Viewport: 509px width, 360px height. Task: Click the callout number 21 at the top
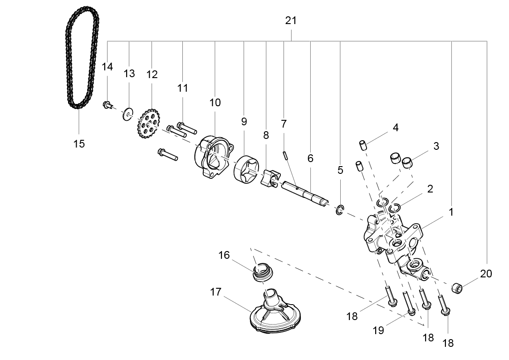[291, 20]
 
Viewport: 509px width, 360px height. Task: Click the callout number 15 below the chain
[79, 144]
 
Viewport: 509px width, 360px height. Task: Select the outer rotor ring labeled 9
[246, 170]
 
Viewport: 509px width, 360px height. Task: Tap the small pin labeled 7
[284, 155]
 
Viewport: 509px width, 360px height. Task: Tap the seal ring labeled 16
[262, 272]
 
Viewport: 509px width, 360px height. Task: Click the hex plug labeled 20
[457, 287]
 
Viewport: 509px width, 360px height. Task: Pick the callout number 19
[378, 330]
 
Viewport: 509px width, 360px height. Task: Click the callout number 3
[436, 146]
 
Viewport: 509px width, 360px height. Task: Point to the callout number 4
[396, 128]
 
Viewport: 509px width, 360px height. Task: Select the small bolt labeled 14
[107, 106]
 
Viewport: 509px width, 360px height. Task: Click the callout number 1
[451, 212]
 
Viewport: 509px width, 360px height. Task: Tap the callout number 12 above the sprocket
[152, 74]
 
